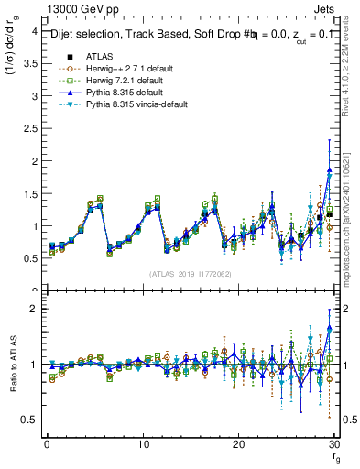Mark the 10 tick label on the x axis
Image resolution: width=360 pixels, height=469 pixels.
click(x=142, y=443)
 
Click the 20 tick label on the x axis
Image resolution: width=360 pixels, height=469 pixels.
click(x=238, y=443)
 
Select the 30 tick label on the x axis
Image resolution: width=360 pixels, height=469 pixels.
click(x=333, y=443)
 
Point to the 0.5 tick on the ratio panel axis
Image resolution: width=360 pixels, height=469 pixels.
click(x=29, y=420)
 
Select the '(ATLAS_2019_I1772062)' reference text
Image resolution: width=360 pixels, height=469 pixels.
click(x=190, y=274)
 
